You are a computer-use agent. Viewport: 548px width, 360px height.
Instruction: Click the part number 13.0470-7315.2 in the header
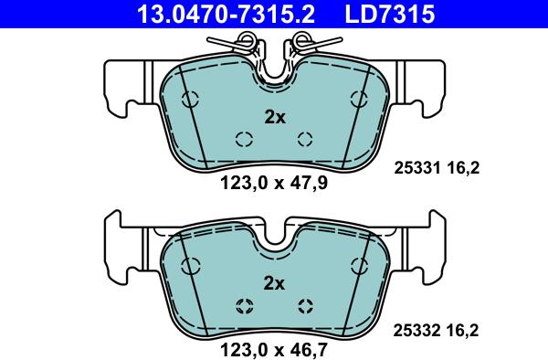(x=226, y=15)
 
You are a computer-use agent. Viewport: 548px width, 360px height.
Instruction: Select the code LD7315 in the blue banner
(x=390, y=15)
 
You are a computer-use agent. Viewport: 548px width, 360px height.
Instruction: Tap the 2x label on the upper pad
(x=275, y=118)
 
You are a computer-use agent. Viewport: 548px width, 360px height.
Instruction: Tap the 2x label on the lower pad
(x=274, y=283)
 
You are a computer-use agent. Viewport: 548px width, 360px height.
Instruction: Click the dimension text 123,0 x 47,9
(x=274, y=183)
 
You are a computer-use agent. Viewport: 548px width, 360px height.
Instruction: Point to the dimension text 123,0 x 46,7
(x=274, y=349)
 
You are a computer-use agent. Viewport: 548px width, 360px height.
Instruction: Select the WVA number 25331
(x=417, y=168)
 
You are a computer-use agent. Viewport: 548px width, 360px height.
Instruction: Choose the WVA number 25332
(x=417, y=330)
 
